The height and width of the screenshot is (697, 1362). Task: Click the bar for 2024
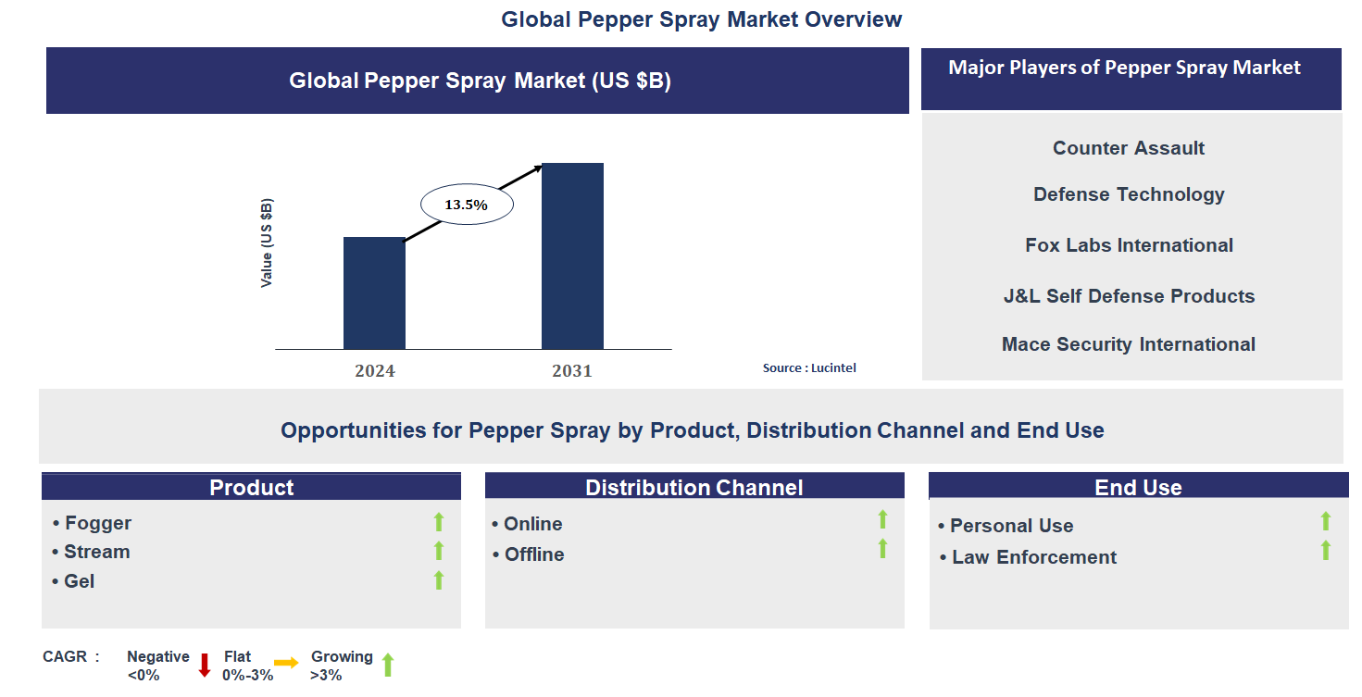point(374,292)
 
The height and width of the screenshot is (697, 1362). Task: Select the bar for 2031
point(572,255)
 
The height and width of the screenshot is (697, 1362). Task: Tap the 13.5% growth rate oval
point(467,205)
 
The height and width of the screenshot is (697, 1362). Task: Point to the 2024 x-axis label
point(374,371)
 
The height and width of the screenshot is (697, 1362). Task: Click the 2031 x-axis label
point(572,371)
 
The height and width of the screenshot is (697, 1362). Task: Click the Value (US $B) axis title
point(267,243)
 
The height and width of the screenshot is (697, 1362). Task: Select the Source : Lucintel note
point(809,368)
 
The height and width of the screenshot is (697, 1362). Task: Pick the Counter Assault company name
point(1129,148)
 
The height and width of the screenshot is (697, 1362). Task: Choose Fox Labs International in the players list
point(1129,245)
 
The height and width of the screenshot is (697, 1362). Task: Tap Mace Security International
point(1129,344)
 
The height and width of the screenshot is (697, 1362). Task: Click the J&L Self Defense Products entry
point(1129,296)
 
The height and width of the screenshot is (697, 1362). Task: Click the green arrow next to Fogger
point(439,522)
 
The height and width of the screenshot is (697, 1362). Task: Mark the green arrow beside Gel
point(439,580)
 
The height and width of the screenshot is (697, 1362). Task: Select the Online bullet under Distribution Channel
point(528,524)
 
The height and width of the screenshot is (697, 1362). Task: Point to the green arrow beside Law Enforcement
point(1325,551)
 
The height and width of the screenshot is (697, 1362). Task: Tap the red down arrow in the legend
point(205,665)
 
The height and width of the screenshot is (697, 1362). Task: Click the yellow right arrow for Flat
point(286,663)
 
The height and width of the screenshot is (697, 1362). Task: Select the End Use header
point(1138,487)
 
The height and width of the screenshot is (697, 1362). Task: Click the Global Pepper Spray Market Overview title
point(701,19)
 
